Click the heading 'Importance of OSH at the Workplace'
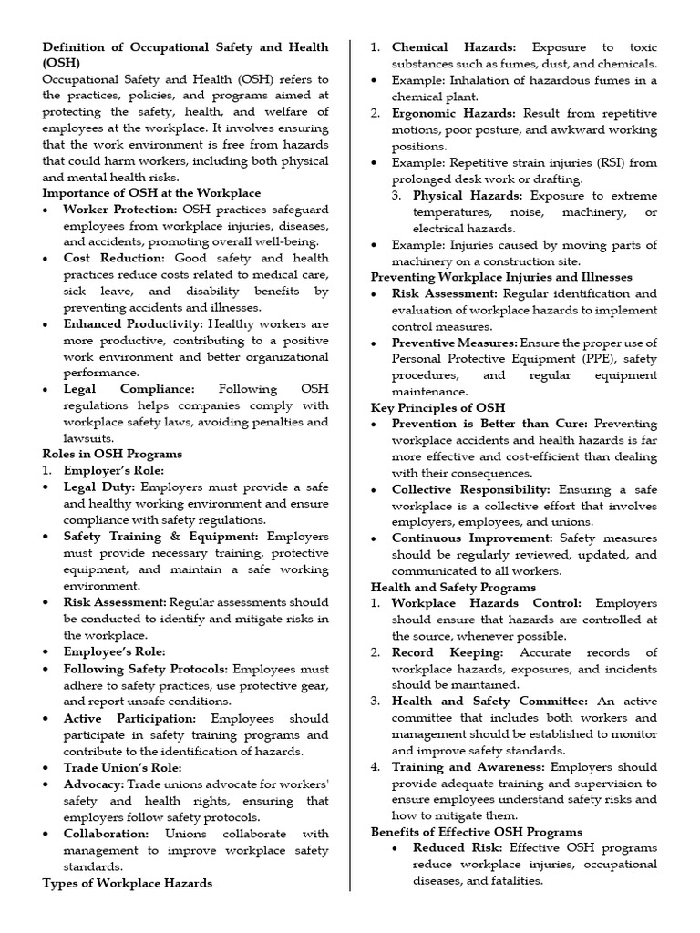point(151,193)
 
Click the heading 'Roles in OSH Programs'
point(112,454)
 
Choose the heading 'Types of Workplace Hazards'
point(128,883)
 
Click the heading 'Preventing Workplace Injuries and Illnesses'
point(502,277)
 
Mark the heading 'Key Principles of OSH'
point(437,408)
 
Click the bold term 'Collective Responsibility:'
point(471,490)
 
